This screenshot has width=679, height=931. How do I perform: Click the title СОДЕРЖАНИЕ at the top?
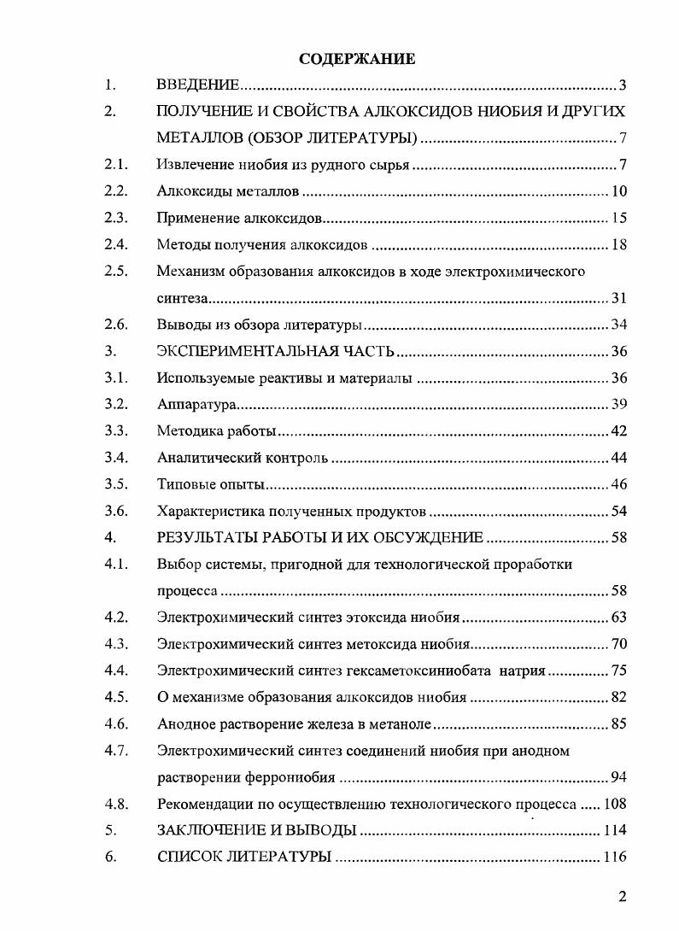pyautogui.click(x=358, y=59)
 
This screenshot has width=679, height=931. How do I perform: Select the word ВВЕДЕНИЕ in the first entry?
pyautogui.click(x=197, y=85)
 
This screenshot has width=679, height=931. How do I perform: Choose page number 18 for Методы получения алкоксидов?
pyautogui.click(x=619, y=245)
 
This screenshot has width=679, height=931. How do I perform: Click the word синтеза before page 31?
pyautogui.click(x=183, y=298)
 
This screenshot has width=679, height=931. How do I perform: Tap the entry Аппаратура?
pyautogui.click(x=196, y=404)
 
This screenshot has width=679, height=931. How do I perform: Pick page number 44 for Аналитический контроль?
pyautogui.click(x=619, y=458)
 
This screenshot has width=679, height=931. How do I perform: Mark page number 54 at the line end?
pyautogui.click(x=619, y=511)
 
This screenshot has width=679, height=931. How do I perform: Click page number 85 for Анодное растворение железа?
pyautogui.click(x=619, y=723)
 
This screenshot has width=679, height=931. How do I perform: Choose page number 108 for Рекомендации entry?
pyautogui.click(x=615, y=804)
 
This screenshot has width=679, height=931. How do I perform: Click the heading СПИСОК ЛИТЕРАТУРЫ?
pyautogui.click(x=244, y=857)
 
